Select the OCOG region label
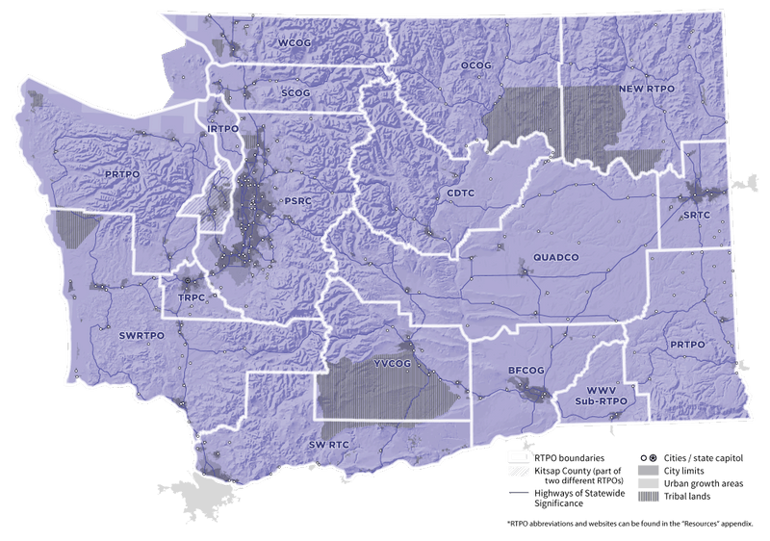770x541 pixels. point(476,65)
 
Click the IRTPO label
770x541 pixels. point(222,129)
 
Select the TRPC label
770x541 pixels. point(192,299)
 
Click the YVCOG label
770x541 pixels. point(390,365)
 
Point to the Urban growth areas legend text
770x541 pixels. point(700,482)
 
